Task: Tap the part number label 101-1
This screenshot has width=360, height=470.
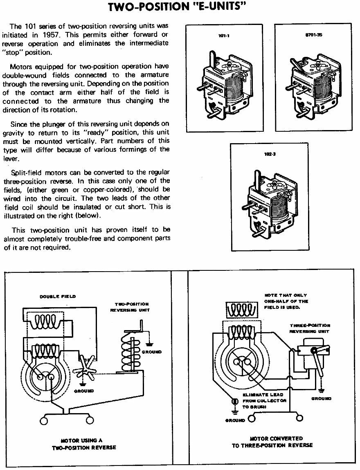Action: click(224, 36)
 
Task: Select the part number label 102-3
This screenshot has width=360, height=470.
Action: click(270, 155)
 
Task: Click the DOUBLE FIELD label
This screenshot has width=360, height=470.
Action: click(57, 297)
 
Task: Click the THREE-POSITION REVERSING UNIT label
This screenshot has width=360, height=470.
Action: click(310, 328)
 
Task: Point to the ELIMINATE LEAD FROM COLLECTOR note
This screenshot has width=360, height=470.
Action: click(264, 401)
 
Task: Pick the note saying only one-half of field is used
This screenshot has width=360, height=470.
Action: click(286, 301)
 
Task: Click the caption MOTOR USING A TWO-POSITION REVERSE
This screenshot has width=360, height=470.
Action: click(84, 444)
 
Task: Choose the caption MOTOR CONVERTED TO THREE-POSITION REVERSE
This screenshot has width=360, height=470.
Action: click(272, 442)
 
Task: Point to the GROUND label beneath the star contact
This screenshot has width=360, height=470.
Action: click(83, 391)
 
